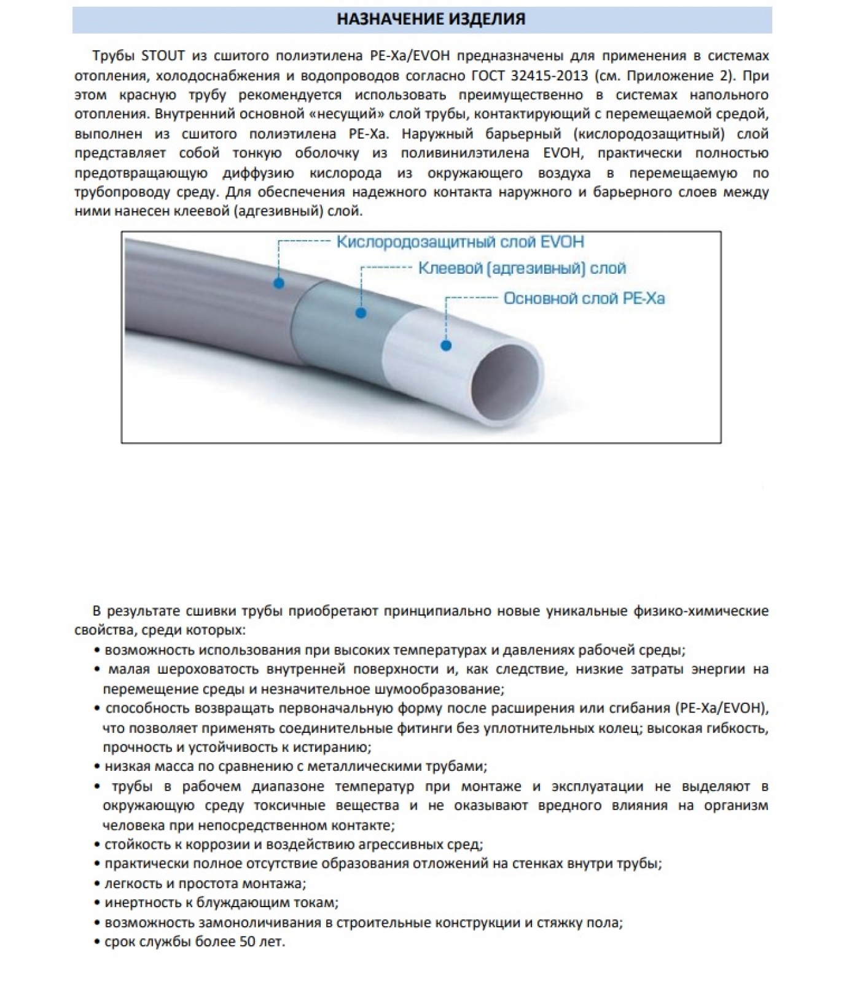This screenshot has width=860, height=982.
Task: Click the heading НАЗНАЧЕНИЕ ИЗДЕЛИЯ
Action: (x=431, y=19)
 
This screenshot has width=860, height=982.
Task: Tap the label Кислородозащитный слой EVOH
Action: (x=460, y=242)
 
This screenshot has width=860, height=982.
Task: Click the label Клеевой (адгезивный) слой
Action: (x=522, y=268)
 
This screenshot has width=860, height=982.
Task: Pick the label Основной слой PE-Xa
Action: (x=584, y=299)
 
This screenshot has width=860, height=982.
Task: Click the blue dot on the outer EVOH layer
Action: (x=279, y=283)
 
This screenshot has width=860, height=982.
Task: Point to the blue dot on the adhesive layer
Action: (x=361, y=313)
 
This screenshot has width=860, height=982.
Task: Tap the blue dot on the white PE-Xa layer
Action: (x=447, y=346)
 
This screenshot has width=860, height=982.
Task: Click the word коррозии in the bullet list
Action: (x=189, y=845)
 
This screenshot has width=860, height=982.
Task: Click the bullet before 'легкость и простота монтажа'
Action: (x=98, y=884)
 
